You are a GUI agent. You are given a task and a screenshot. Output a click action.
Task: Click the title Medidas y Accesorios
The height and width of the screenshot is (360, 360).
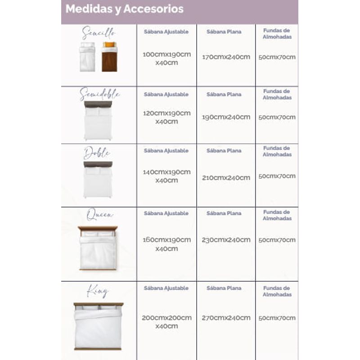pyautogui.click(x=125, y=9)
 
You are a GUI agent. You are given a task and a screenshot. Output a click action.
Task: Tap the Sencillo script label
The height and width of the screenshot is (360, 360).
pyautogui.click(x=99, y=33)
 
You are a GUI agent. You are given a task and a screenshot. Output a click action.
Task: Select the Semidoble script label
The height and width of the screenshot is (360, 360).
pyautogui.click(x=99, y=94)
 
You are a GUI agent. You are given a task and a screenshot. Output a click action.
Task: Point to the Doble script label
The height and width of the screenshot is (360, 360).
pyautogui.click(x=97, y=153)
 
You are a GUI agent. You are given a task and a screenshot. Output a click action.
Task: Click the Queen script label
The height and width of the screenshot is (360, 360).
pyautogui.click(x=99, y=215)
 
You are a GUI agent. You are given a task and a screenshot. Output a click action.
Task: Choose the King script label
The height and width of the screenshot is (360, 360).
pyautogui.click(x=98, y=291)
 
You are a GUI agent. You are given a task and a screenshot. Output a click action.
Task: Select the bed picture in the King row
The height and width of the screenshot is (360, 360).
pyautogui.click(x=98, y=326)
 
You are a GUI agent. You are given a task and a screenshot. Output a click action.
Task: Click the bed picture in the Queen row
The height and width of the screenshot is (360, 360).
pyautogui.click(x=98, y=248)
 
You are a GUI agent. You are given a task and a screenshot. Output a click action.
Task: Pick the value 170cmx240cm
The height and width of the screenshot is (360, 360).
pyautogui.click(x=226, y=57)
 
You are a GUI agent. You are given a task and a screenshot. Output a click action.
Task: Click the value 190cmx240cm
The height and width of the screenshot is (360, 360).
pyautogui.click(x=226, y=117)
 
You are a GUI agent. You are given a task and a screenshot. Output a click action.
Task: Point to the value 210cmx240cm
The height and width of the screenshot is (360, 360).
pyautogui.click(x=226, y=177)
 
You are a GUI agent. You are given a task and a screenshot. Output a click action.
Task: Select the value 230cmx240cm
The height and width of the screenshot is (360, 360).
pyautogui.click(x=226, y=240)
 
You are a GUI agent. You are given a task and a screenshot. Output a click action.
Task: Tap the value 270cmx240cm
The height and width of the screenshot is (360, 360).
pyautogui.click(x=226, y=318)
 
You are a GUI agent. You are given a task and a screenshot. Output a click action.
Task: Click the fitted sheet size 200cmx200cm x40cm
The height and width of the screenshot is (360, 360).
pyautogui.click(x=166, y=322)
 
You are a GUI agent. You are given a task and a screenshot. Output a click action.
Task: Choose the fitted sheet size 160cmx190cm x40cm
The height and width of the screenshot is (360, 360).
pyautogui.click(x=166, y=244)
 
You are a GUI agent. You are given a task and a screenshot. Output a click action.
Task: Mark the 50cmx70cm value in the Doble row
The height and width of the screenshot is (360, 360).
pyautogui.click(x=277, y=176)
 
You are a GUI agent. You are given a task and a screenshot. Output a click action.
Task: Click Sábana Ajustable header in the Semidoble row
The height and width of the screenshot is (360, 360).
pyautogui.click(x=166, y=94)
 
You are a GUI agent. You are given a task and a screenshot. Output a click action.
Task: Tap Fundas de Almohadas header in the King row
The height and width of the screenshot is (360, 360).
pyautogui.click(x=277, y=291)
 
